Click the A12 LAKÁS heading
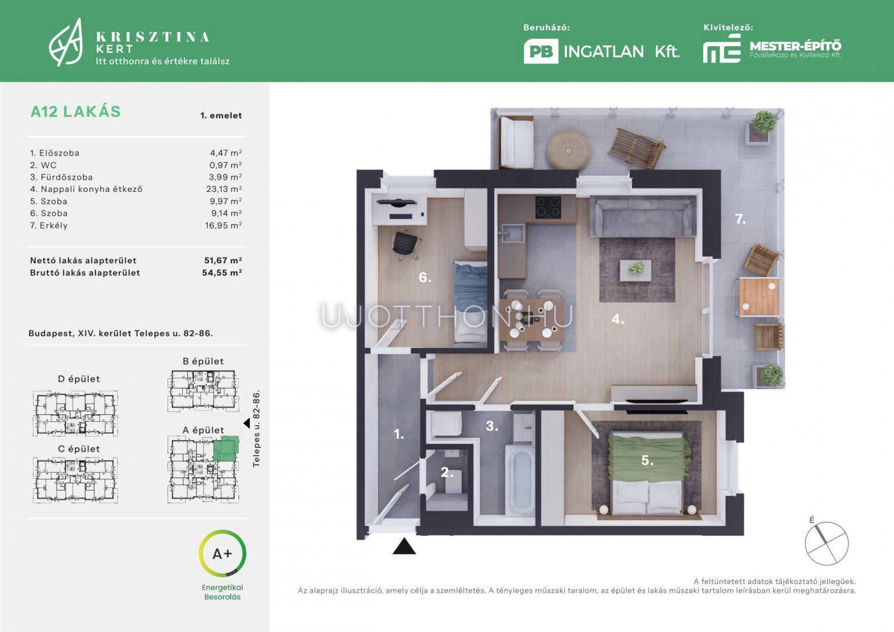click(x=75, y=111)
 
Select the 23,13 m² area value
click(x=224, y=189)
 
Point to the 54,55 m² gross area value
click(x=222, y=273)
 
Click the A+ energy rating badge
click(x=222, y=554)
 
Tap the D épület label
click(x=78, y=379)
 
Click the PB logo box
click(x=541, y=51)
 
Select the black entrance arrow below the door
click(x=404, y=546)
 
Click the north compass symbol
click(x=827, y=543)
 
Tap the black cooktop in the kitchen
click(x=548, y=208)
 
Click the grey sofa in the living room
click(x=643, y=216)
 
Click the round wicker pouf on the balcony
click(x=568, y=149)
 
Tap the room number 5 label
click(x=647, y=461)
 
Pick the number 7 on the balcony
click(x=740, y=219)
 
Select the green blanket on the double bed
click(x=649, y=458)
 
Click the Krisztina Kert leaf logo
click(x=66, y=42)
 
